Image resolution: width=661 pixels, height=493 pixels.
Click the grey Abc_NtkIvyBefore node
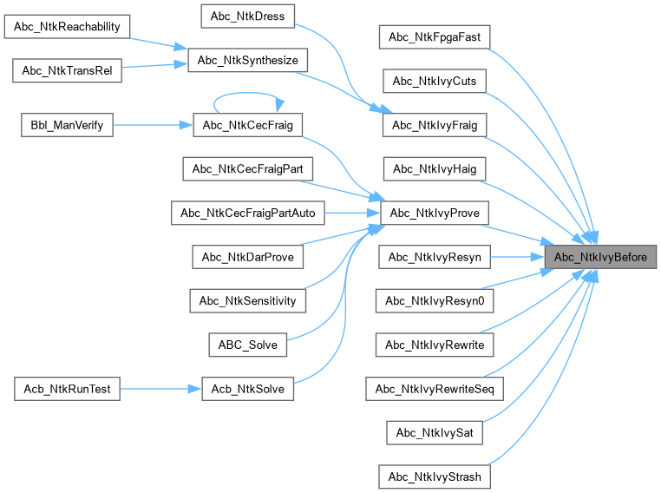coord(600,257)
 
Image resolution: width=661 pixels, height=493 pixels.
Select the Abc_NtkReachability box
coord(68,26)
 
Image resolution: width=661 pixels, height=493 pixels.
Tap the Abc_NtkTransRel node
coord(68,70)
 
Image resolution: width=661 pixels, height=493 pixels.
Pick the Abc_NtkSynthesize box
coord(248,60)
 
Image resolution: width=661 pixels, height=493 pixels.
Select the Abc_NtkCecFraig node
coord(248,125)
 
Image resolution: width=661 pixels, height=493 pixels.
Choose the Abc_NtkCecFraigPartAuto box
coord(248,213)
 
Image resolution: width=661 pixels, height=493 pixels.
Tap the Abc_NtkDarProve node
coord(248,257)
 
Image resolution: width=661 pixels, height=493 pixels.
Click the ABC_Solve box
coord(248,345)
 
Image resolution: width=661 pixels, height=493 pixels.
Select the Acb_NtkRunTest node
coord(63,389)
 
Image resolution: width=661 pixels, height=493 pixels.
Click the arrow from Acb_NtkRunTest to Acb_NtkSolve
coord(156,389)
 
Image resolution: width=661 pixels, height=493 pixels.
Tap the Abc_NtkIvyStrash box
coord(434,477)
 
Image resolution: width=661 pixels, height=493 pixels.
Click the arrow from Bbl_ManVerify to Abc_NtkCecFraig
coord(152,125)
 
